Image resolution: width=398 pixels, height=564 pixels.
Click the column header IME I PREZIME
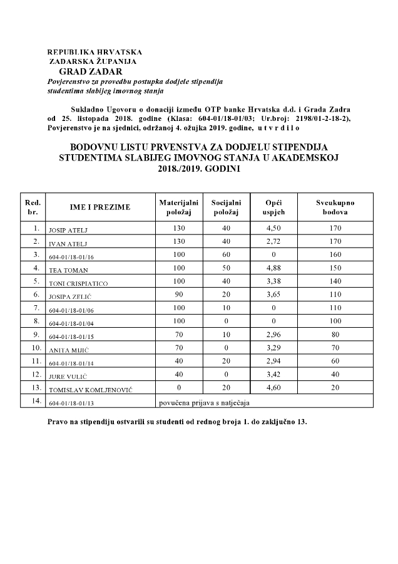pyautogui.click(x=100, y=207)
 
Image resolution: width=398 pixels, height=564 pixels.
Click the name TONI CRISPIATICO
pyautogui.click(x=78, y=284)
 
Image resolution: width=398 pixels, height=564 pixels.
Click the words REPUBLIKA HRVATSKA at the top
pyautogui.click(x=94, y=52)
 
